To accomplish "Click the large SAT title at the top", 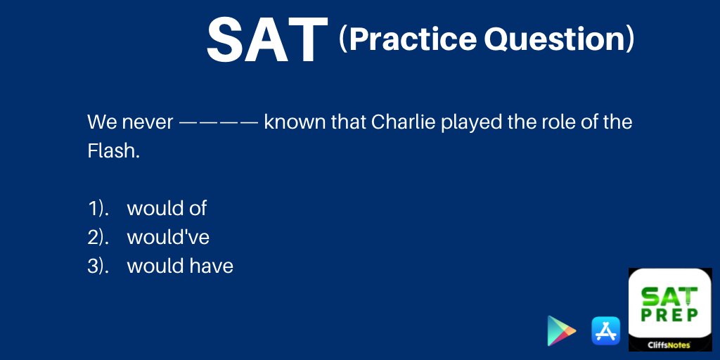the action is click(x=267, y=40).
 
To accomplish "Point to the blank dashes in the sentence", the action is click(x=219, y=123).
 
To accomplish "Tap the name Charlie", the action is click(x=403, y=122).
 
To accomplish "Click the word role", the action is click(x=555, y=122).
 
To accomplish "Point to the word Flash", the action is click(x=113, y=150).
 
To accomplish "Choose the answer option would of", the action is click(x=167, y=208).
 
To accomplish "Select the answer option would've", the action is click(x=168, y=238).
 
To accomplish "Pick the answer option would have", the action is click(x=180, y=266).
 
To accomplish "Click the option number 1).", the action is click(x=98, y=209).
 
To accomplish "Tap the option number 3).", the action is click(x=98, y=266).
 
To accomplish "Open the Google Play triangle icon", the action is click(x=560, y=330).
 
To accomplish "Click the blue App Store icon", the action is click(x=605, y=330).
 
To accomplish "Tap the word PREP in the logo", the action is click(x=670, y=315).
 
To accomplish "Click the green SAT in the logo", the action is click(x=669, y=297).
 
